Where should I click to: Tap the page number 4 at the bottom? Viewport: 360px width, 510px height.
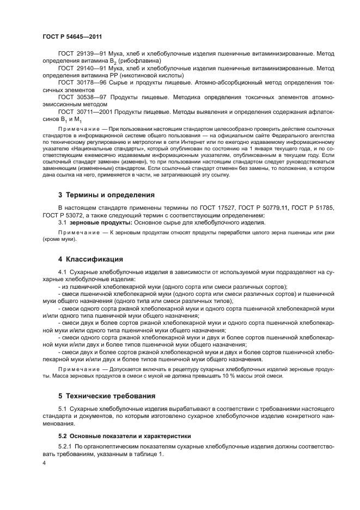click(x=44, y=462)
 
